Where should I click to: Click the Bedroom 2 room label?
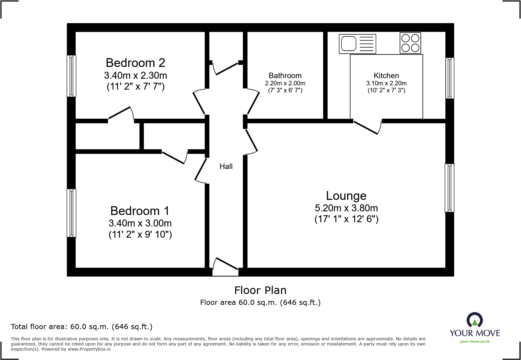click(x=135, y=63)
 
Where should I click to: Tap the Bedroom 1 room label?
click(x=139, y=211)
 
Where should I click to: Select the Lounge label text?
click(x=346, y=196)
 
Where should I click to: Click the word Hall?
click(x=226, y=166)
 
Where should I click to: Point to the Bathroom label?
click(x=285, y=75)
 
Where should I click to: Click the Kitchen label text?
click(x=386, y=75)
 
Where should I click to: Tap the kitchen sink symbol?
click(x=357, y=44)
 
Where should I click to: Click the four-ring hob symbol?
click(x=410, y=43)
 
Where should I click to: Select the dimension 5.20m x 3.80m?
click(x=346, y=208)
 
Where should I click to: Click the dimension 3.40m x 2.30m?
click(x=136, y=75)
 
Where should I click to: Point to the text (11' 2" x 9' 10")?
click(x=140, y=234)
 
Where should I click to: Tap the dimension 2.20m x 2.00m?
click(x=285, y=83)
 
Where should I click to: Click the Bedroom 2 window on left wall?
click(x=71, y=76)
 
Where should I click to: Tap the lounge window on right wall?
click(x=449, y=188)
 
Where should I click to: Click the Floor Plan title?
click(x=260, y=290)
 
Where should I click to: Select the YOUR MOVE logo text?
click(x=475, y=333)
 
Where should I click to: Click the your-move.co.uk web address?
click(x=475, y=342)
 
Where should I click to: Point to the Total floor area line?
click(x=82, y=327)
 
